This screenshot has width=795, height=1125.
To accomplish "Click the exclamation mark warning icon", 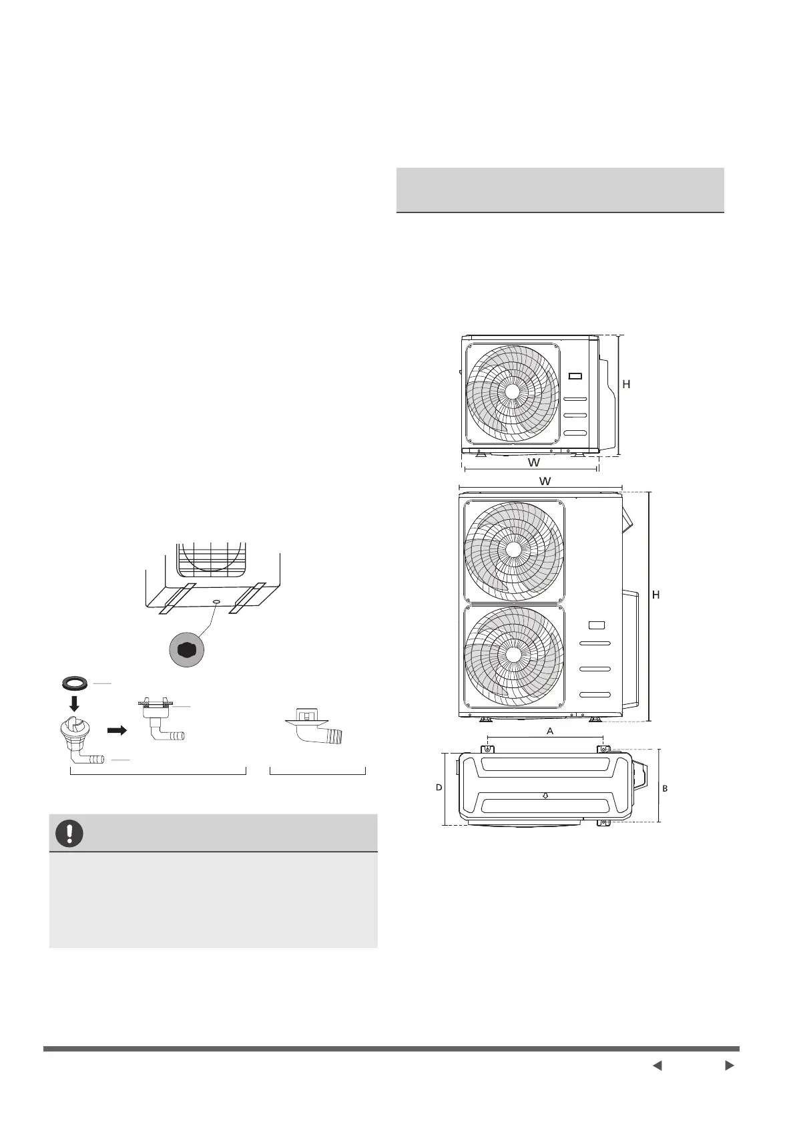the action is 69,833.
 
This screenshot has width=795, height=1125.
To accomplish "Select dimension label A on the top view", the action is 550,732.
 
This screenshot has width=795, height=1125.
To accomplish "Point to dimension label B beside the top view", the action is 665,789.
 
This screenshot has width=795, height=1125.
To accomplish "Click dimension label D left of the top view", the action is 439,788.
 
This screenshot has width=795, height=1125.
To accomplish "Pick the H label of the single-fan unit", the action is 626,384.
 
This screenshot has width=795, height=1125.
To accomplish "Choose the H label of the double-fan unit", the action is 655,595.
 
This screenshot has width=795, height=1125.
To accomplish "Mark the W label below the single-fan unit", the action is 534,462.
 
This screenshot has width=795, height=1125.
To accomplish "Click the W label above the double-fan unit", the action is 545,480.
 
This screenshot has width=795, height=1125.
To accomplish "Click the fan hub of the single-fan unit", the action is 512,391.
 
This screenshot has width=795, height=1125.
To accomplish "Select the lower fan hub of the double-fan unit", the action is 513,654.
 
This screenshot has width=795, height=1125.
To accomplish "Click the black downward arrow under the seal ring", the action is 74,703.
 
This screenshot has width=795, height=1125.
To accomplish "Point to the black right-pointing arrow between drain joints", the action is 117,730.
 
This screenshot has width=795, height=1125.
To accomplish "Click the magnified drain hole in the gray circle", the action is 186,647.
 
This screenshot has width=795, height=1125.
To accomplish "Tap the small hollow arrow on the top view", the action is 545,796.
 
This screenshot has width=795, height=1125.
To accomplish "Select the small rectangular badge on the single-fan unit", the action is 575,376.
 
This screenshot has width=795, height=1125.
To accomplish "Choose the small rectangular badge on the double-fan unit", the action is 597,626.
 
